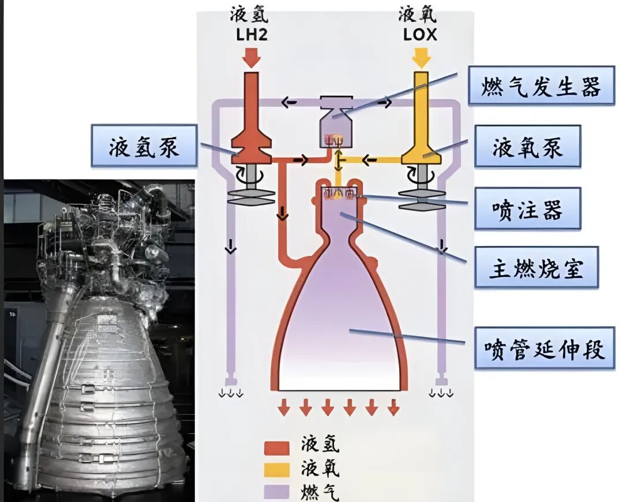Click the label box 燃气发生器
coord(541,85)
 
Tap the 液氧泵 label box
coord(527,147)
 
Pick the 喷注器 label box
coord(527,209)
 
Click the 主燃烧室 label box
coord(536,267)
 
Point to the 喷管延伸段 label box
coord(544,348)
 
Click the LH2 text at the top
coord(252,35)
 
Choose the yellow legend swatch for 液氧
coord(276,470)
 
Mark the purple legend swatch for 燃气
coord(276,491)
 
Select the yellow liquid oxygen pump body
coord(422,147)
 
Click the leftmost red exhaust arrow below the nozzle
coord(283,408)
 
